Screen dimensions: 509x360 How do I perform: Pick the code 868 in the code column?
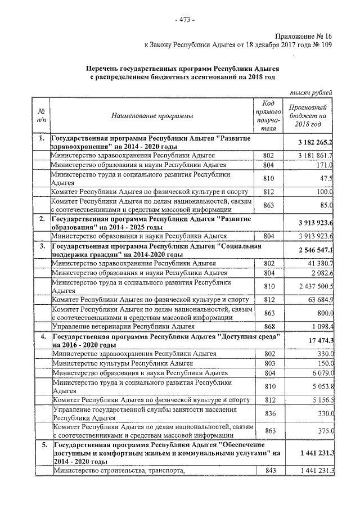269,326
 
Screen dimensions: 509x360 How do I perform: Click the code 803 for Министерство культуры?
269,364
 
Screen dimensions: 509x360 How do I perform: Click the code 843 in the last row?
269,471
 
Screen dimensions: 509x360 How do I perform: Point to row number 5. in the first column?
42,445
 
